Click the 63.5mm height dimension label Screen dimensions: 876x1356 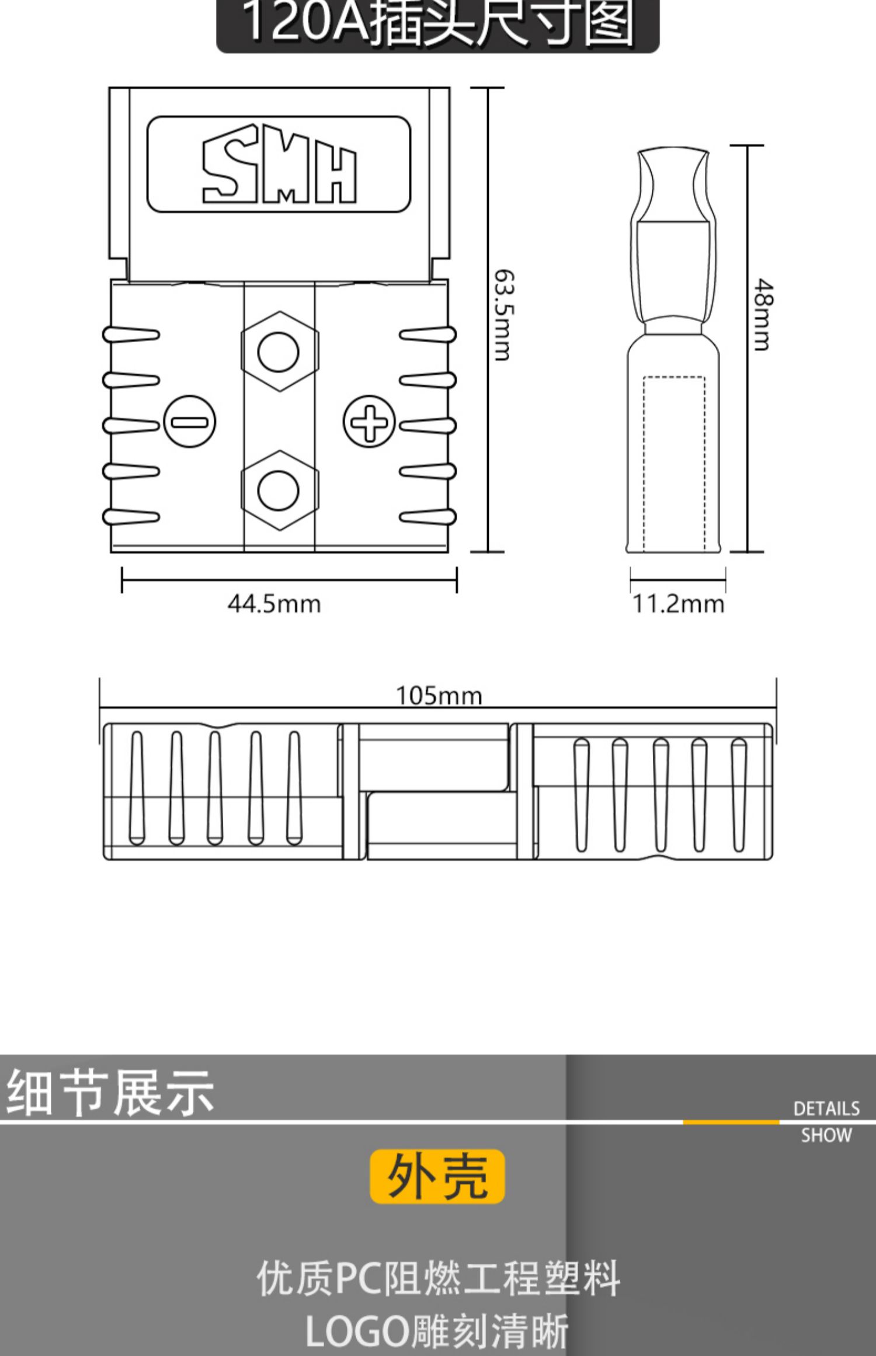pos(503,315)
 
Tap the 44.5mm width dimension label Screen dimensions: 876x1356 pos(274,604)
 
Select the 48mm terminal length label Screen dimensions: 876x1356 pos(762,315)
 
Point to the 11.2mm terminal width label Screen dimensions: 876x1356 pos(678,604)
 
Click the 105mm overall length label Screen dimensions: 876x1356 pos(439,696)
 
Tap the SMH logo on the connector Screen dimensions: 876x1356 pos(279,164)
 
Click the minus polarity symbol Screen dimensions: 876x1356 pos(190,422)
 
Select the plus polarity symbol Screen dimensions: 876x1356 pos(369,422)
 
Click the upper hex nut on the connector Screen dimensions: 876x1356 pos(279,352)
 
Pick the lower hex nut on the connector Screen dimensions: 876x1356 pos(279,490)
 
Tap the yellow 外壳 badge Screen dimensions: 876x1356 pos(437,1176)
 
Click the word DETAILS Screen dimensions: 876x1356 pos(826,1109)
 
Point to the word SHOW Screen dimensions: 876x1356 pos(826,1136)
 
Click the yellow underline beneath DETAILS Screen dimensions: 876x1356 pos(731,1122)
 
